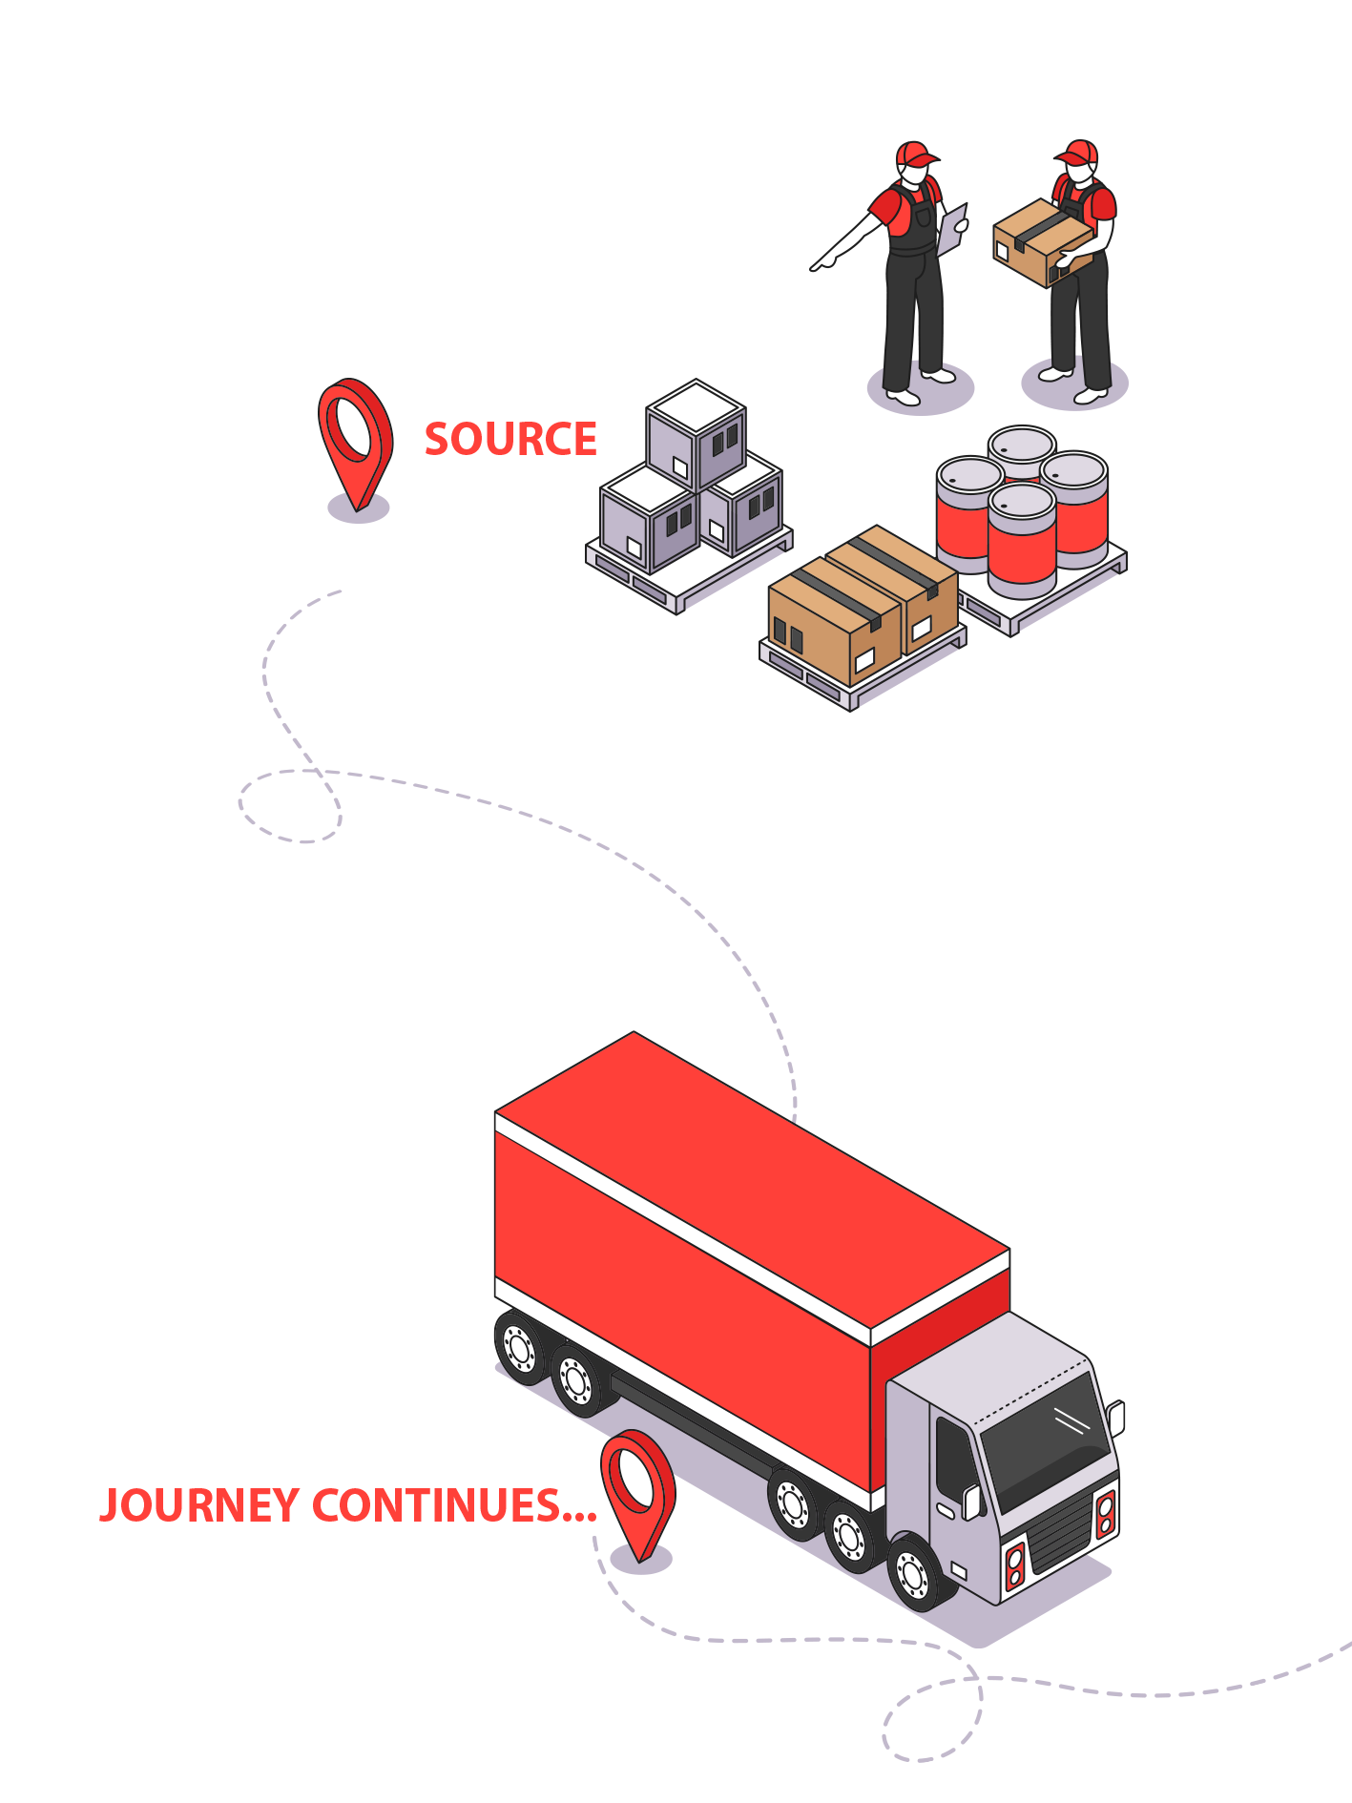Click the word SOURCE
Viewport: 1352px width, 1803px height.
(510, 439)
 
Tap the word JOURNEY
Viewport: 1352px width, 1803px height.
(199, 1506)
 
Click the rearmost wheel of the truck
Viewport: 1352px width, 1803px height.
(520, 1348)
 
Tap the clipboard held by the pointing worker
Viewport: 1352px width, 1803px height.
(952, 229)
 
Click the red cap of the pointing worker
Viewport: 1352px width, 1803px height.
(915, 155)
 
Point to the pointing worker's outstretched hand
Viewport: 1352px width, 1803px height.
(822, 259)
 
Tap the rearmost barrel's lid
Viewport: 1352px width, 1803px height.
(1022, 443)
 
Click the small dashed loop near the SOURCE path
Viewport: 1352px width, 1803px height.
(289, 806)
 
